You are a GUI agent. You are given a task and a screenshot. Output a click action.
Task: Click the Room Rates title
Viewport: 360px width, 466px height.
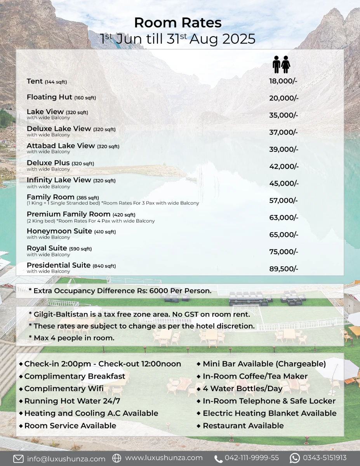pyautogui.click(x=178, y=23)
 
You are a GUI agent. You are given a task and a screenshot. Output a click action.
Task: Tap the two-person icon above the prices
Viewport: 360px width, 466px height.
pyautogui.click(x=282, y=64)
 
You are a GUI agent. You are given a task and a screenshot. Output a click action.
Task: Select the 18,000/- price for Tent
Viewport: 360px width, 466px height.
pyautogui.click(x=283, y=81)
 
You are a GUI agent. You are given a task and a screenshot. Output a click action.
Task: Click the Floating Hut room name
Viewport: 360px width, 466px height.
pyautogui.click(x=49, y=97)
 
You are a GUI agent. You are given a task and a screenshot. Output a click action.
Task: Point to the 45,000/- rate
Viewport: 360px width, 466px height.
pyautogui.click(x=284, y=183)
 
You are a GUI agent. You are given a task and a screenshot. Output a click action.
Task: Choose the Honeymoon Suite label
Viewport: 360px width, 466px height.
pyautogui.click(x=59, y=231)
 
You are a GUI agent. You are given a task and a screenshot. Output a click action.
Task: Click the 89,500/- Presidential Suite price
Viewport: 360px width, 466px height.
pyautogui.click(x=284, y=269)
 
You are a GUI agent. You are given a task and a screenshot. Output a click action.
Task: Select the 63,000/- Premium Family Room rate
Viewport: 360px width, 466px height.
pyautogui.click(x=284, y=217)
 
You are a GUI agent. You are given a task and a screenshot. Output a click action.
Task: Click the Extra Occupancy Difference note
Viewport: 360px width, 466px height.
pyautogui.click(x=120, y=290)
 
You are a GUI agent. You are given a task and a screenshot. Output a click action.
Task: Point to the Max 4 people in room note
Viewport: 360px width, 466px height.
pyautogui.click(x=71, y=338)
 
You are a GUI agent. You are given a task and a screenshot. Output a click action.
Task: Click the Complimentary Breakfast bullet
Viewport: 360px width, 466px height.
pyautogui.click(x=75, y=376)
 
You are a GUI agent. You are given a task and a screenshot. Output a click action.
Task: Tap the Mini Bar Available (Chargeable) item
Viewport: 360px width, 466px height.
pyautogui.click(x=264, y=364)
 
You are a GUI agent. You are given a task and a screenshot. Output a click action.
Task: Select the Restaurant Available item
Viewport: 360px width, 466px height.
pyautogui.click(x=243, y=426)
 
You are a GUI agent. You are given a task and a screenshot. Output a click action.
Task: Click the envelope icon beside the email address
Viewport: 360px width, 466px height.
pyautogui.click(x=18, y=459)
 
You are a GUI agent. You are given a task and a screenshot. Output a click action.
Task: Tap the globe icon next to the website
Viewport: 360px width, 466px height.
pyautogui.click(x=117, y=458)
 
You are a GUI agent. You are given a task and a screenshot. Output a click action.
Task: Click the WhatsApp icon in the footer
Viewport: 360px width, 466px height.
pyautogui.click(x=295, y=458)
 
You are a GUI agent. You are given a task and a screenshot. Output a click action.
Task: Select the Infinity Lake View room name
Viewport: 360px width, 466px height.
pyautogui.click(x=59, y=180)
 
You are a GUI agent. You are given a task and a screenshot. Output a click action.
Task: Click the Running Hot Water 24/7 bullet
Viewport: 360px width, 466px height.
pyautogui.click(x=72, y=401)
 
